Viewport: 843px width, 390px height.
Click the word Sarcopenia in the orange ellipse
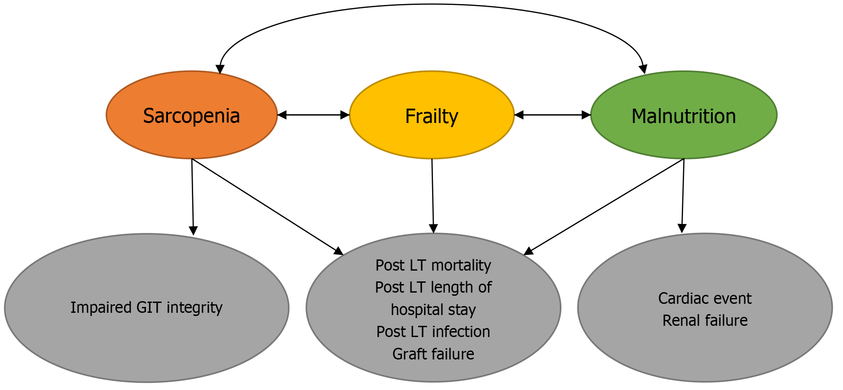tap(191, 116)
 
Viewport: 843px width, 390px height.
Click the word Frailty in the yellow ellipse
tap(432, 116)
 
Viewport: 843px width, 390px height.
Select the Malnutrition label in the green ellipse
tap(683, 116)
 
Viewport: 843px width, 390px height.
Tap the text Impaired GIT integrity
tap(146, 307)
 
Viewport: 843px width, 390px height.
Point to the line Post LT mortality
tap(433, 265)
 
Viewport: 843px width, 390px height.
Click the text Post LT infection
tap(433, 332)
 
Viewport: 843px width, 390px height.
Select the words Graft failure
tap(433, 354)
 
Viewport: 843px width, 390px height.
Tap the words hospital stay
tap(433, 310)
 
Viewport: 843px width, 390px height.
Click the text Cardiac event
tap(705, 298)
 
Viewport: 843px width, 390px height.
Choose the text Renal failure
tap(705, 320)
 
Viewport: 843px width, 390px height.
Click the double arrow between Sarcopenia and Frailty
tap(313, 115)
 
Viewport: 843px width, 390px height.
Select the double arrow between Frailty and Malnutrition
tap(552, 115)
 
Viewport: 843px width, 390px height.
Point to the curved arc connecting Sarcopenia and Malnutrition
tap(431, 5)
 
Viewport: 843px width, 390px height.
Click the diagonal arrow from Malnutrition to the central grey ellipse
tap(605, 206)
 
